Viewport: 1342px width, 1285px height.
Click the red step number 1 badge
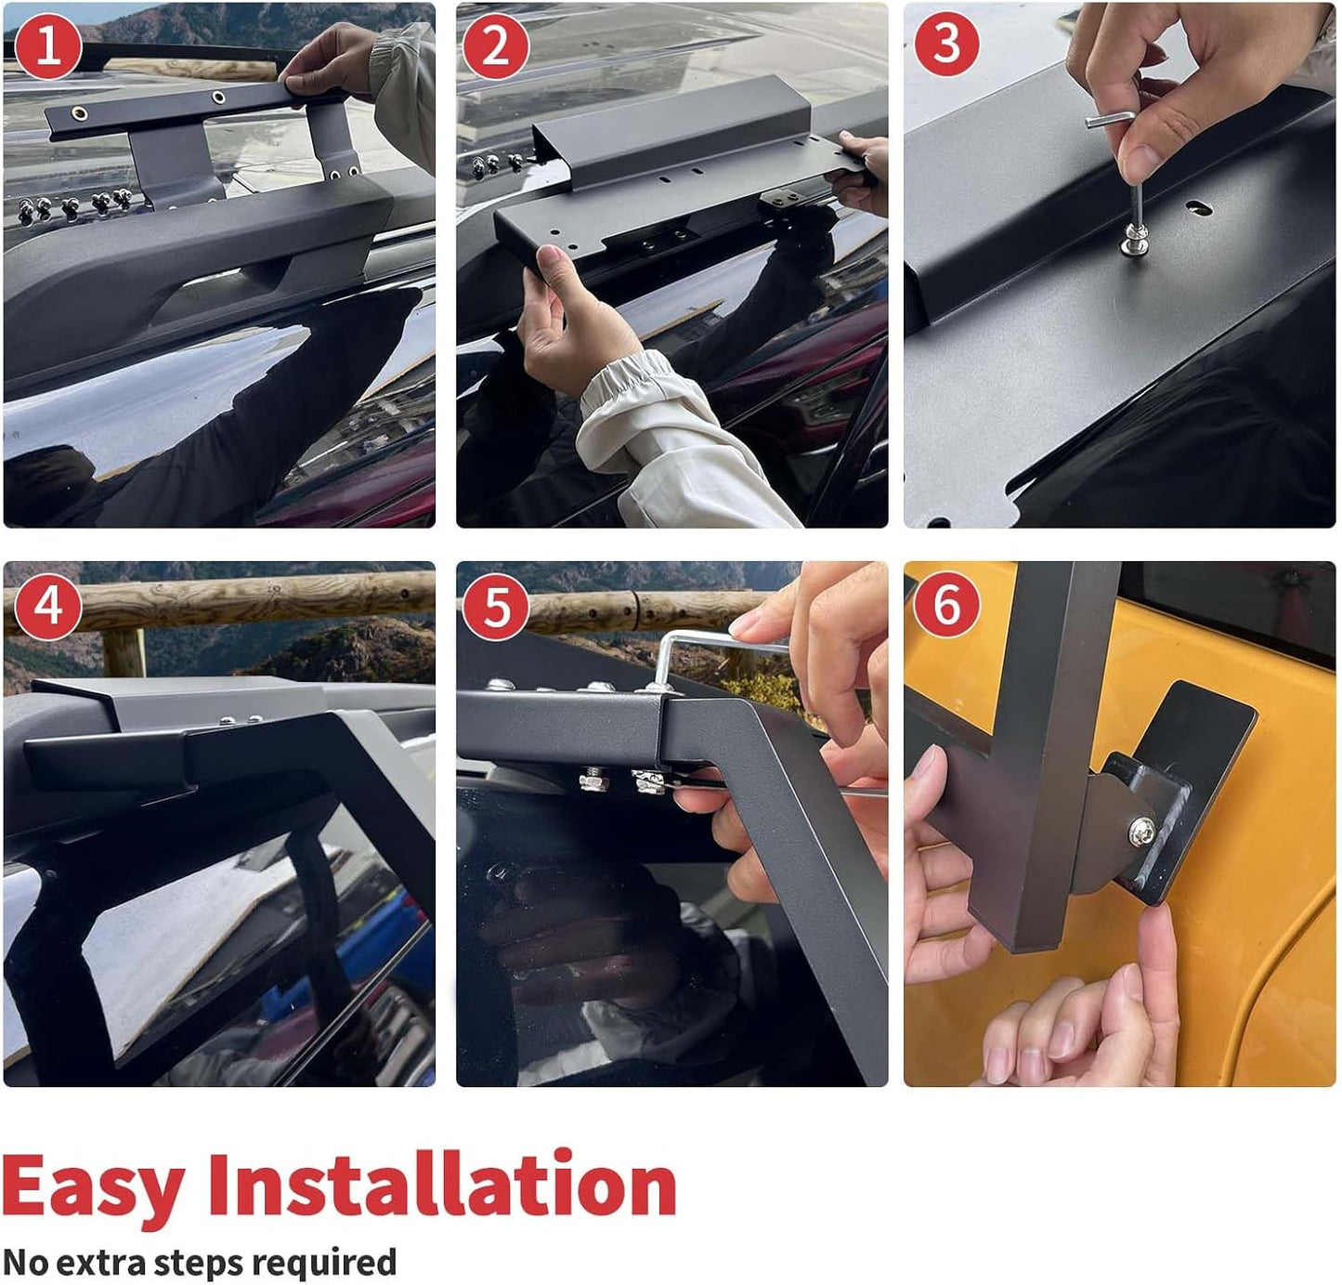(x=47, y=47)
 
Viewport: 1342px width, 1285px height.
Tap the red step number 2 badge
(x=496, y=47)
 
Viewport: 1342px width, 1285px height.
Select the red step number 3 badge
(x=947, y=42)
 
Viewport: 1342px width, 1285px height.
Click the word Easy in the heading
(x=93, y=1188)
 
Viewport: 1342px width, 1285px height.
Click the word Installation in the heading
(x=442, y=1183)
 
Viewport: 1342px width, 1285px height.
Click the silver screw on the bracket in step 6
(x=1142, y=832)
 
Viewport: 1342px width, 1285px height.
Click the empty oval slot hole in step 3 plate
(x=1199, y=208)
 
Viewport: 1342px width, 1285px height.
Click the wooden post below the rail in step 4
(x=124, y=652)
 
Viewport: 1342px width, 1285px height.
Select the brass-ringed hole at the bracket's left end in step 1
(x=79, y=113)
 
